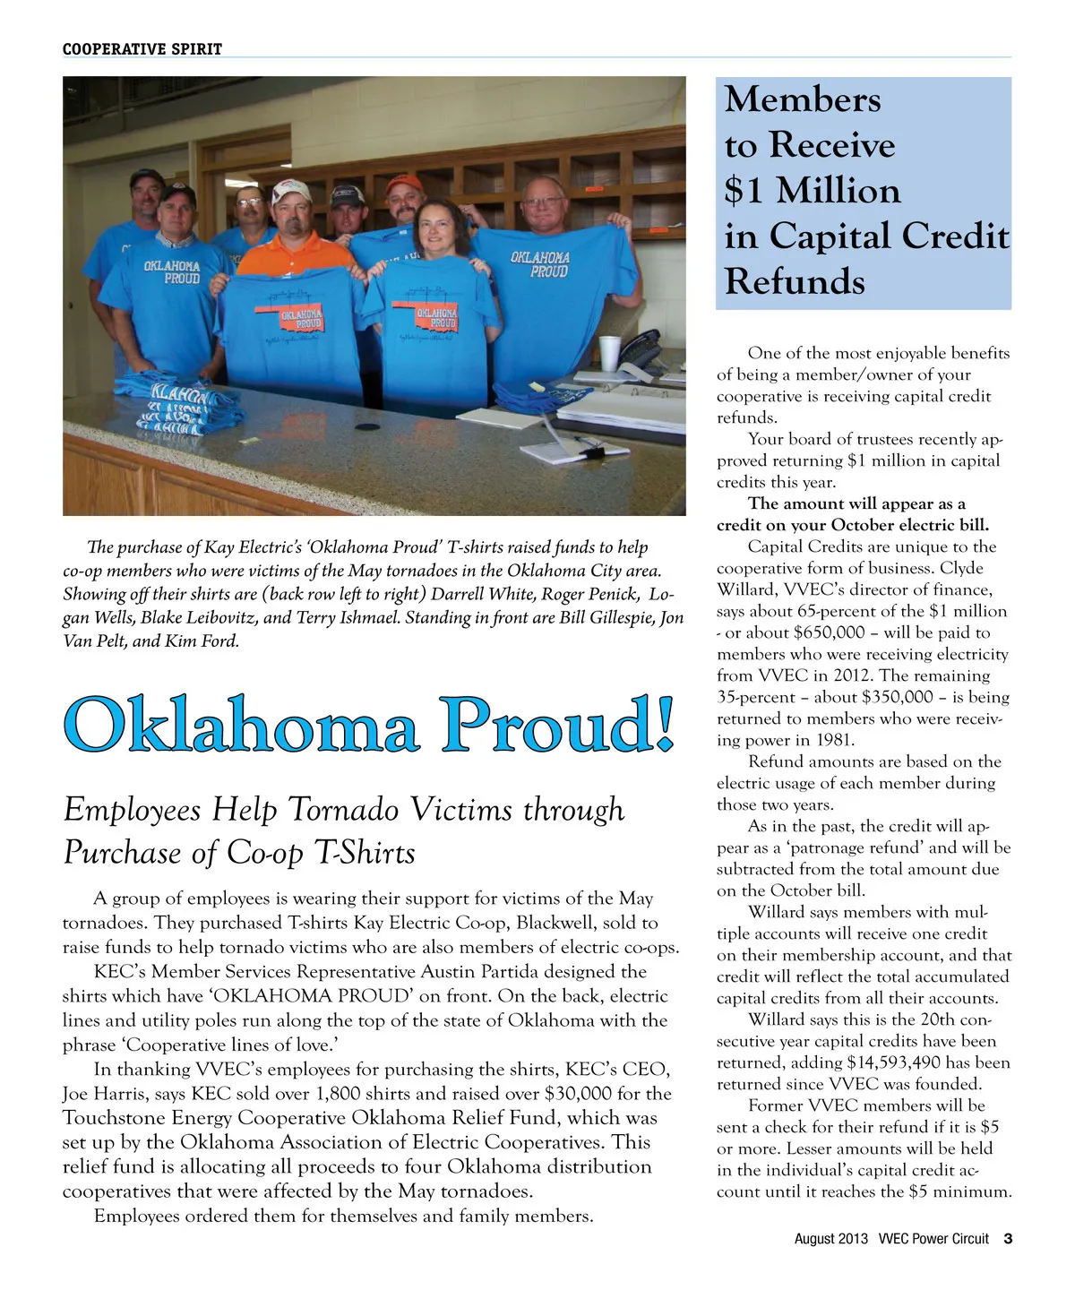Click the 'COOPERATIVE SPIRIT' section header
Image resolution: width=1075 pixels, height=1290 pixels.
pos(142,49)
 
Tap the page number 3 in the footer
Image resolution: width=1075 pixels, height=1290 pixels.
pos(1008,1239)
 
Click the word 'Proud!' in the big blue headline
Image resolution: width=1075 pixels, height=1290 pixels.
pos(557,725)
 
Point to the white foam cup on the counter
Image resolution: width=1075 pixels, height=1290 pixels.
pos(609,353)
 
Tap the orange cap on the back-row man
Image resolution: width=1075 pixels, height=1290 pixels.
pos(404,185)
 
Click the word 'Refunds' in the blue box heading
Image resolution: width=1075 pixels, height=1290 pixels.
pos(795,281)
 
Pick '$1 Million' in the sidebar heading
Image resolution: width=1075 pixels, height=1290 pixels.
pos(813,191)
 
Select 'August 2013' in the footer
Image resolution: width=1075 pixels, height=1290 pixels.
pos(830,1239)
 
